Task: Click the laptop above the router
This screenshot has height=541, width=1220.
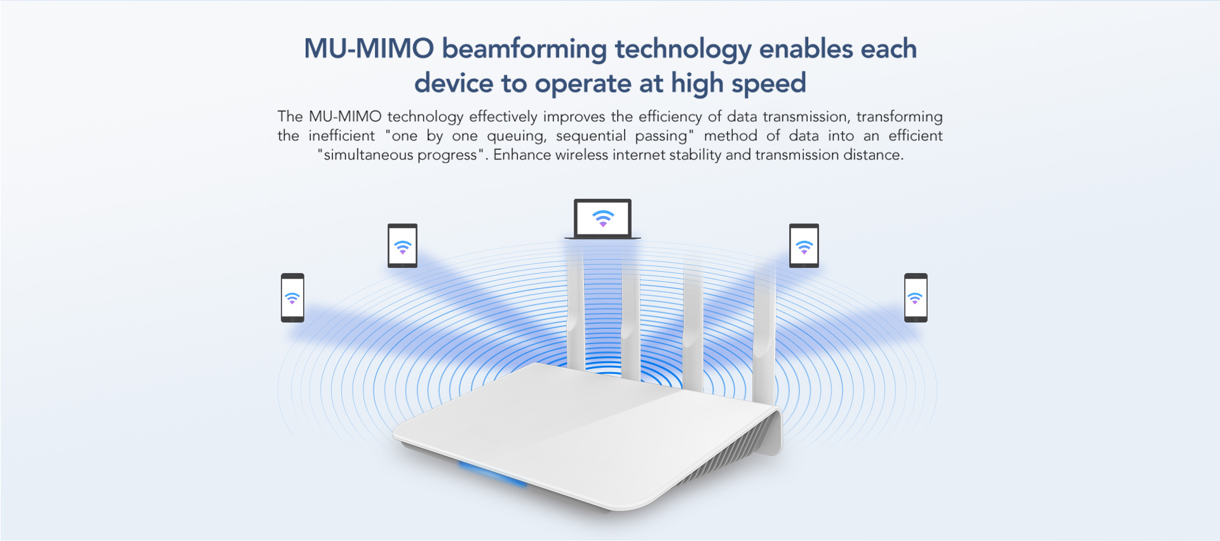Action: point(602,219)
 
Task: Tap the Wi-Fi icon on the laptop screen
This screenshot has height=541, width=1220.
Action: point(603,218)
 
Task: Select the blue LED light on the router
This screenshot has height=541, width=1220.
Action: point(493,475)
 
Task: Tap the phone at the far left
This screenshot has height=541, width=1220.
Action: point(292,298)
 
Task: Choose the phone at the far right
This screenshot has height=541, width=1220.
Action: point(916,298)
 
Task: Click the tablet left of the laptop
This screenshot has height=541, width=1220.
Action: point(402,246)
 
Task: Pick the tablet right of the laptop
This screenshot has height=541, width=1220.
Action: point(804,246)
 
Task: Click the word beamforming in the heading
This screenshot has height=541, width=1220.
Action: point(524,50)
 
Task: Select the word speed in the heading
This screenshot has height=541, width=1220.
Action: point(769,84)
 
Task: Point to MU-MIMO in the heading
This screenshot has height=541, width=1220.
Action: point(369,49)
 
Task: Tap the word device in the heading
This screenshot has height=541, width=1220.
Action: point(454,83)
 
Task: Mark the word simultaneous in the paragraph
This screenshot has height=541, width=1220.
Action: point(368,155)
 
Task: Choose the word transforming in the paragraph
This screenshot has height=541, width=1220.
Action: point(899,117)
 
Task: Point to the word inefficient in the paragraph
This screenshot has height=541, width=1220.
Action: point(342,136)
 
